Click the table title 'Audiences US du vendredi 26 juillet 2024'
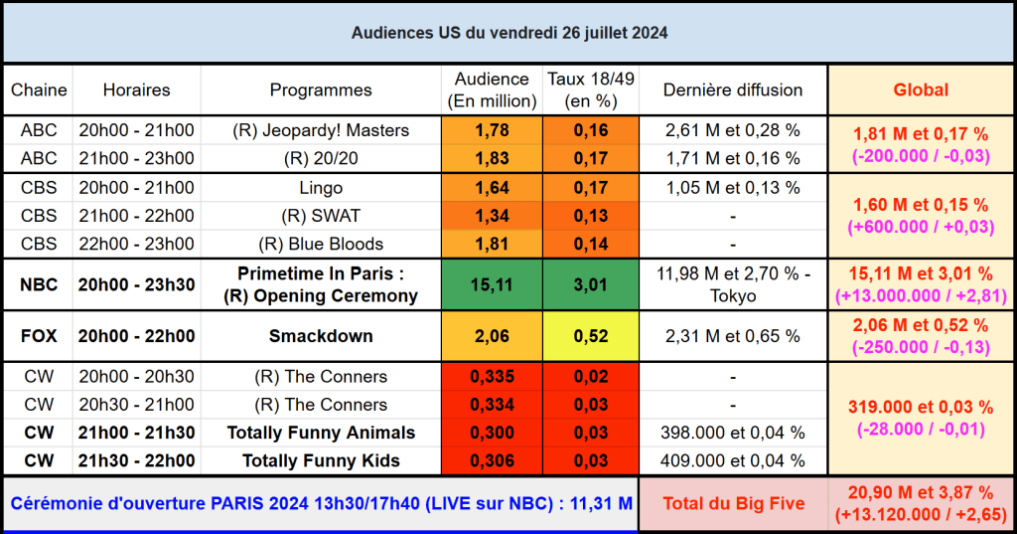tap(508, 33)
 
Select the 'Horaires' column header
tap(136, 89)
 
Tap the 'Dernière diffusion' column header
tap(733, 89)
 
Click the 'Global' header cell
tap(921, 89)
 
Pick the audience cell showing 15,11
tap(491, 284)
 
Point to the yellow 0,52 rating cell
tap(590, 336)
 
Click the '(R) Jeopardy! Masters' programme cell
tap(321, 130)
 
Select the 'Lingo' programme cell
tap(321, 188)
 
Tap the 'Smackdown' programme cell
tap(321, 336)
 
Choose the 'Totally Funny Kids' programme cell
tap(321, 460)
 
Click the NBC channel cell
tap(39, 284)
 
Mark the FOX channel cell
tap(39, 336)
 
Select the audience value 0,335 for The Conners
tap(491, 377)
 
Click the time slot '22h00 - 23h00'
tap(136, 244)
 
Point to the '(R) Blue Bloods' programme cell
tap(321, 244)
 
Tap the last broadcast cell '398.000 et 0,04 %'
tap(733, 433)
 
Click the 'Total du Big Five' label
tap(733, 503)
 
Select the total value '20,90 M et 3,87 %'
tap(921, 492)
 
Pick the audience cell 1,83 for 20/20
tap(491, 158)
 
